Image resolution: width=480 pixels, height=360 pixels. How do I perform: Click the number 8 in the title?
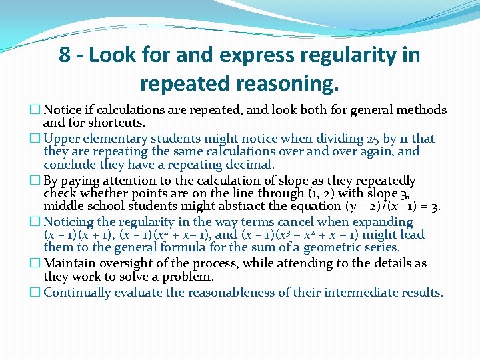65,55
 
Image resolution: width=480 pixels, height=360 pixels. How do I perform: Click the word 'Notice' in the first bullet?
63,110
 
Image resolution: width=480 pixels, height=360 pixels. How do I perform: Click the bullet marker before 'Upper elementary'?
36,139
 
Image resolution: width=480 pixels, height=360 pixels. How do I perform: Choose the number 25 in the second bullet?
373,139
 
